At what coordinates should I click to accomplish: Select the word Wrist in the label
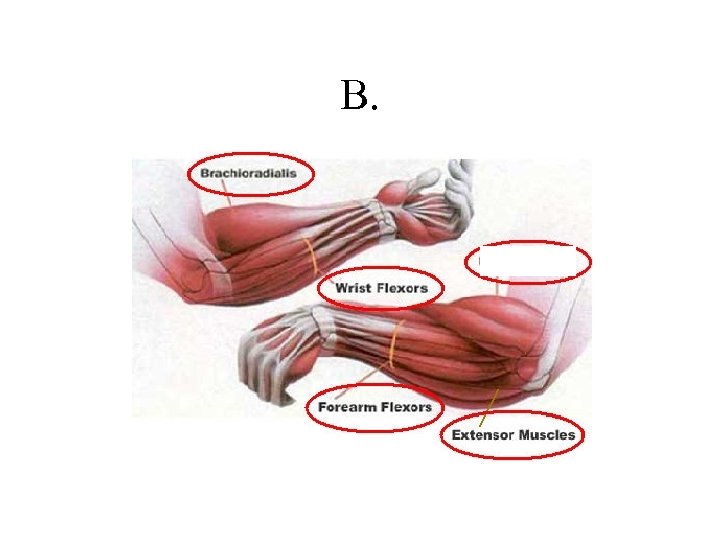[352, 288]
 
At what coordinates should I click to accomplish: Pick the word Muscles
[547, 435]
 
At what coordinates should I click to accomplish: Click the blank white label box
[529, 261]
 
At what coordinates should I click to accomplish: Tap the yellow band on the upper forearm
[313, 255]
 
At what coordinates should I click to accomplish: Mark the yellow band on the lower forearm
[395, 343]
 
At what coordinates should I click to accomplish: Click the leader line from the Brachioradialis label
[227, 195]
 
